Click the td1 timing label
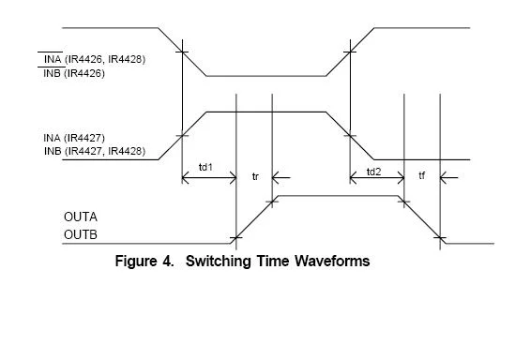(x=206, y=168)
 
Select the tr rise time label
(x=255, y=176)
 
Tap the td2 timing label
(x=373, y=172)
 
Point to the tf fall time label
(x=422, y=175)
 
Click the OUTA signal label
(x=81, y=217)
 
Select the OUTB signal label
(x=81, y=234)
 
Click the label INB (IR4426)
(x=74, y=73)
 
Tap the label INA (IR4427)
(x=74, y=138)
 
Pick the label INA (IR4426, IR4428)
(x=95, y=59)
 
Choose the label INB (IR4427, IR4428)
(x=95, y=151)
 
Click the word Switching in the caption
(x=218, y=262)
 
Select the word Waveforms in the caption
(x=332, y=262)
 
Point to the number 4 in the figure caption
(x=167, y=262)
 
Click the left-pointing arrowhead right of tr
(x=276, y=178)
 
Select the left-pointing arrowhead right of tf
(x=444, y=178)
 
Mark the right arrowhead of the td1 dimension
(x=233, y=178)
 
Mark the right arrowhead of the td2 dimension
(x=401, y=178)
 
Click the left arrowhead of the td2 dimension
(x=354, y=178)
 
